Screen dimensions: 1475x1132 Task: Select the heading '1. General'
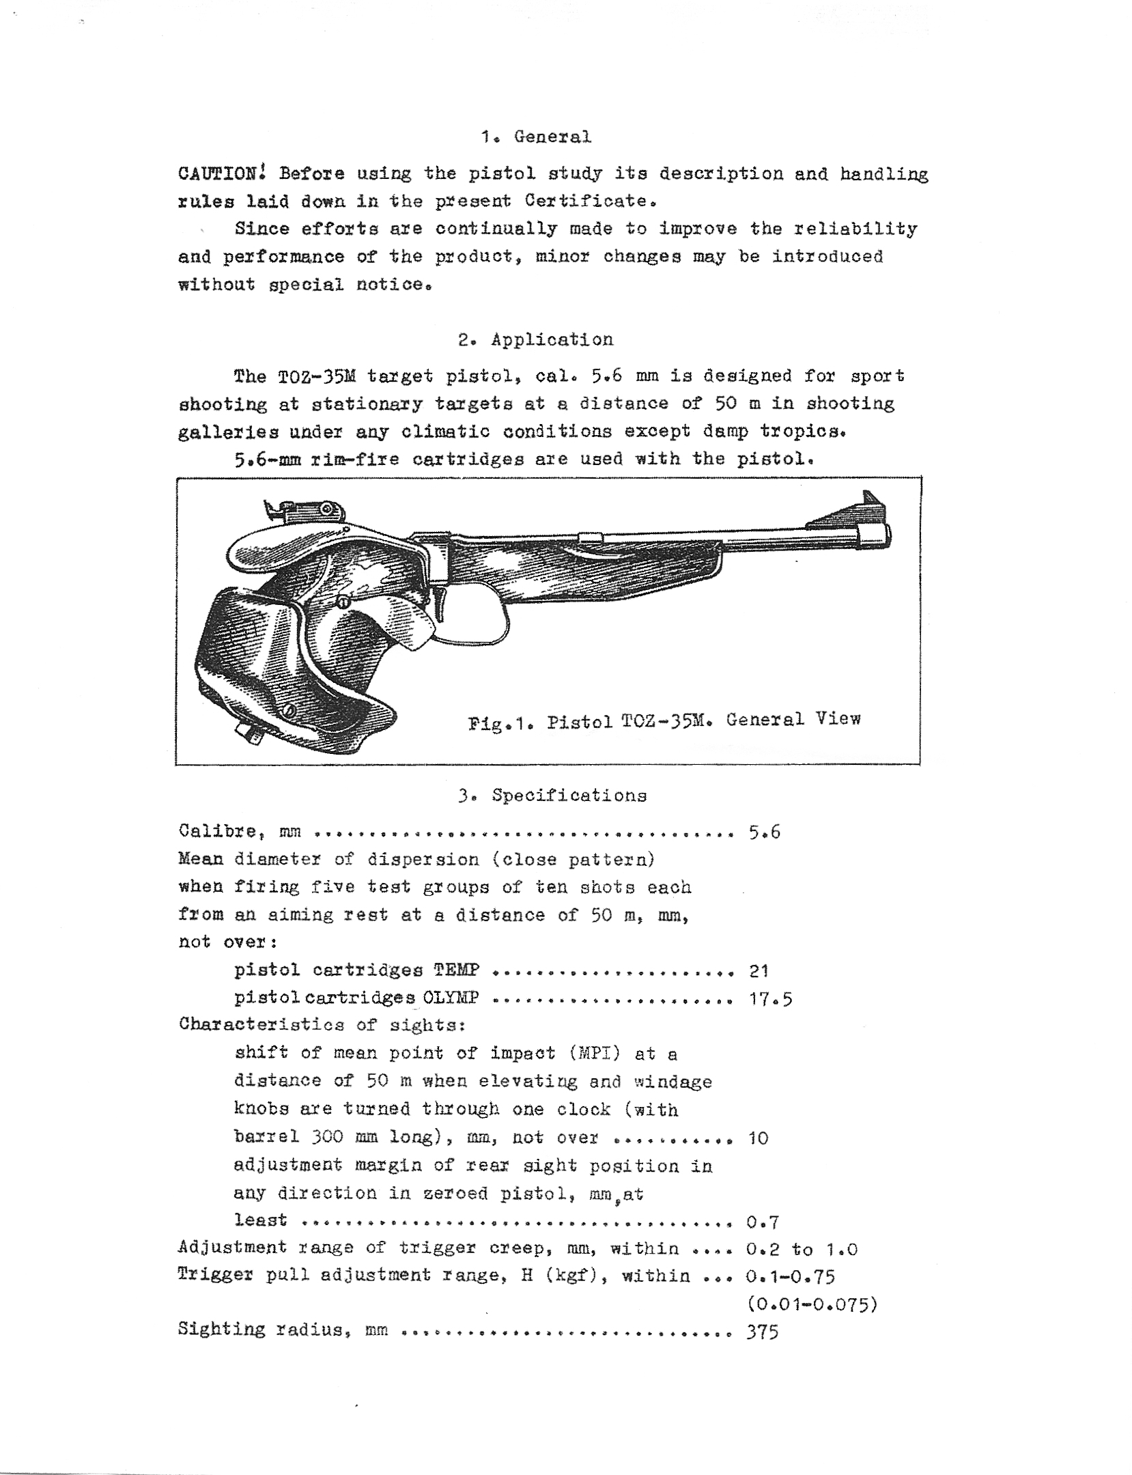535,137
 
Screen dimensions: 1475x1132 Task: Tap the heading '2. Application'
535,340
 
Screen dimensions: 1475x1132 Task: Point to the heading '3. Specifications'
552,796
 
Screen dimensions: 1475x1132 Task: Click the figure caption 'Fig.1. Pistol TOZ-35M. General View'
664,720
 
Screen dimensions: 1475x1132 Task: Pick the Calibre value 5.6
764,832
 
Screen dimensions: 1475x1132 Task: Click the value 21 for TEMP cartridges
759,971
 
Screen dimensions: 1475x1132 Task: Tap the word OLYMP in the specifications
451,998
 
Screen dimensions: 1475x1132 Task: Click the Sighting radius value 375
763,1331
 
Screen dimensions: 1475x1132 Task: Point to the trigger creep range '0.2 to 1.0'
801,1250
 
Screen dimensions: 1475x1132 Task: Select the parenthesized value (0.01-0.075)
812,1305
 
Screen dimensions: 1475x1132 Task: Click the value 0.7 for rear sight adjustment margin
763,1222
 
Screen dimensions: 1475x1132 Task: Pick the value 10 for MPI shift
758,1138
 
